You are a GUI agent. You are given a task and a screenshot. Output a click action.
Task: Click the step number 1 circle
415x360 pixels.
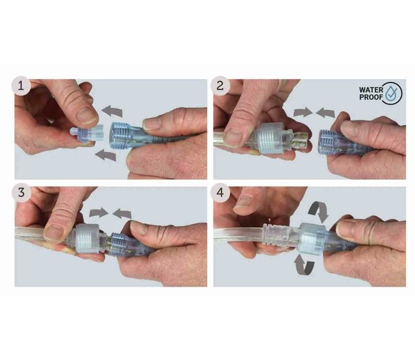[21, 86]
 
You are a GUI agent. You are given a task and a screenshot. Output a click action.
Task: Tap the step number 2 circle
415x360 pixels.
[220, 86]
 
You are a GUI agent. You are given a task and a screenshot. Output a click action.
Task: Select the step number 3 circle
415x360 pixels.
[21, 193]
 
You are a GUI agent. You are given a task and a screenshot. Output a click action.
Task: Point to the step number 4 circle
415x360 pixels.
[220, 193]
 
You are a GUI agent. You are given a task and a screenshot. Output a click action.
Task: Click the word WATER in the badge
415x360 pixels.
[371, 90]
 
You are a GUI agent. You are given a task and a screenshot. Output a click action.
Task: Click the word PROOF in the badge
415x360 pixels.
[371, 97]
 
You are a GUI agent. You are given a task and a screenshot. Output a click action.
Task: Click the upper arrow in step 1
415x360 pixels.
[112, 111]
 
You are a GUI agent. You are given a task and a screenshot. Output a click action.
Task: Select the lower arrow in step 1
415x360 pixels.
[106, 155]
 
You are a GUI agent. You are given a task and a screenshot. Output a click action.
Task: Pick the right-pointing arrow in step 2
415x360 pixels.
[303, 112]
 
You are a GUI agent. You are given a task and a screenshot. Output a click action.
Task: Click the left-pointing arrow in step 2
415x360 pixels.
[326, 112]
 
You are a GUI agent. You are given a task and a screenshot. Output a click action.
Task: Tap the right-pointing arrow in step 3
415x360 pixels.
[99, 213]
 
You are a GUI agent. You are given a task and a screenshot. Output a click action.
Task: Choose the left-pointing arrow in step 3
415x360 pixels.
[122, 213]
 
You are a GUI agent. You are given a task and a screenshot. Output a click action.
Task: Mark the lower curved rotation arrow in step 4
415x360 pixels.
[304, 264]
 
